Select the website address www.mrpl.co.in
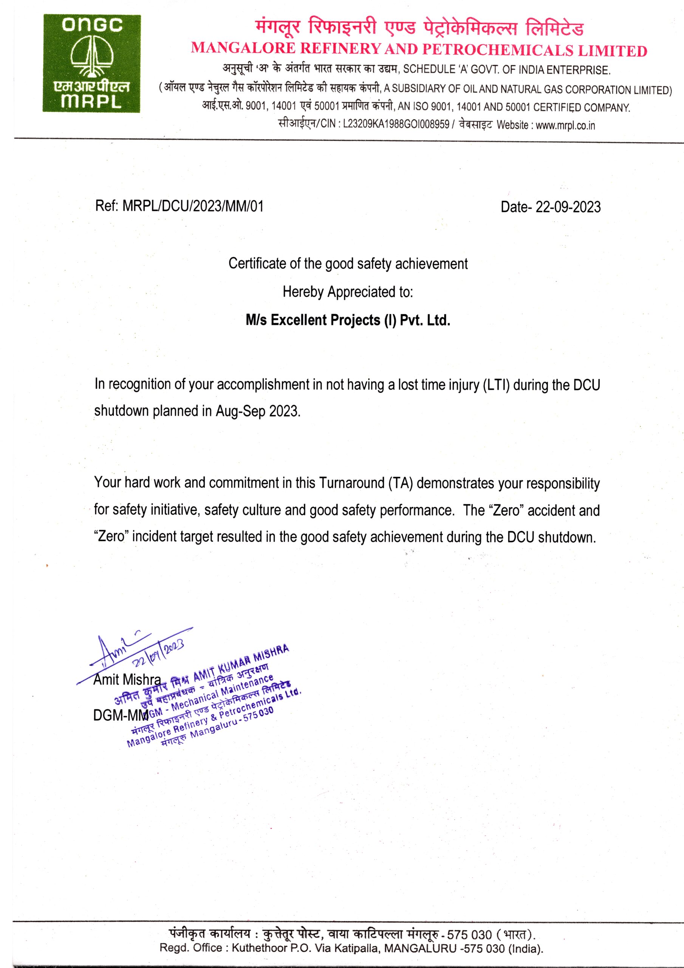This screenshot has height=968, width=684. tap(565, 125)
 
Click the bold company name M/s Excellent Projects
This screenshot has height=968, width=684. tap(348, 320)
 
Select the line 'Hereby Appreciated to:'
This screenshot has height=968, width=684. tap(348, 292)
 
